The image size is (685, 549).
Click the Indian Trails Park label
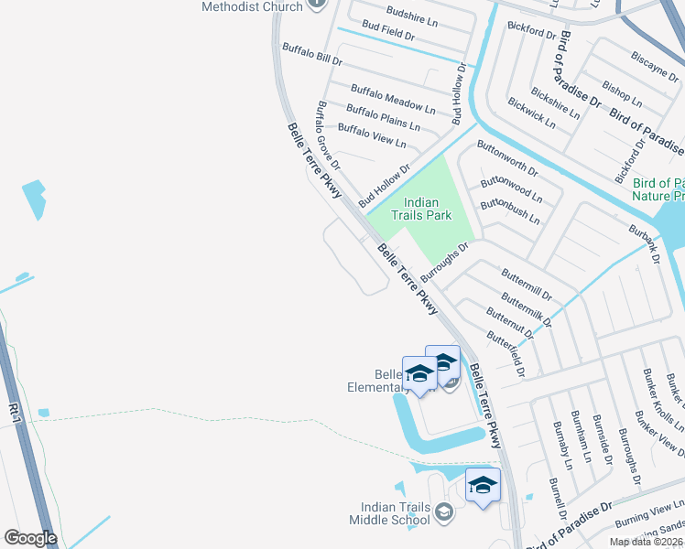coord(421,209)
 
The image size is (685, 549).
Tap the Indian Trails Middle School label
coord(389,514)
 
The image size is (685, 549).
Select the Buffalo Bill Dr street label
coord(311,54)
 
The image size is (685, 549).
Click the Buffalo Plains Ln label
coord(383,118)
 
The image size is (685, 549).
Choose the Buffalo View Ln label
coord(372,136)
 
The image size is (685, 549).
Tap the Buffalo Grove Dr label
coord(328,136)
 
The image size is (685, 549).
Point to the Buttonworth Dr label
coord(507,157)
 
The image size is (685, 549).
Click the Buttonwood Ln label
coord(511,190)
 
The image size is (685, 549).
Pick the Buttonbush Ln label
coord(509,212)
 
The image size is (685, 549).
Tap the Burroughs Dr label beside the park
coord(451,261)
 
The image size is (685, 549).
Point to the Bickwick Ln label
coord(530,112)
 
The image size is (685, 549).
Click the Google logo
coord(30,538)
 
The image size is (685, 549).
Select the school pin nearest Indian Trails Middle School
coord(483,486)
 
